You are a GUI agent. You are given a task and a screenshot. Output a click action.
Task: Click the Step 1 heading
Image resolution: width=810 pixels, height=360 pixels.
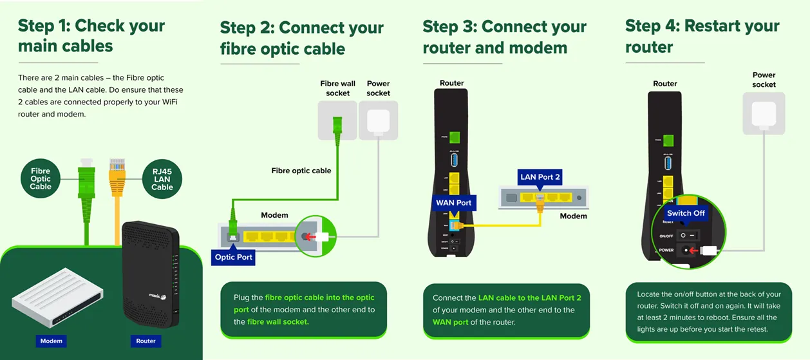[91, 36]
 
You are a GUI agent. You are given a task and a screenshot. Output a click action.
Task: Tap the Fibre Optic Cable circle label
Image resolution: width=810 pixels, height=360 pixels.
[41, 178]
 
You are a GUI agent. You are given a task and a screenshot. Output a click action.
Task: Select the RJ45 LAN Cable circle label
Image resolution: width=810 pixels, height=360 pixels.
[162, 178]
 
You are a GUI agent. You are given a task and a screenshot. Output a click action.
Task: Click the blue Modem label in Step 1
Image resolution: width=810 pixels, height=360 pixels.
[52, 341]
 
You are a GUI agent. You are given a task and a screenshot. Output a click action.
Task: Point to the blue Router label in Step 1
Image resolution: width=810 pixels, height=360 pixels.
[146, 341]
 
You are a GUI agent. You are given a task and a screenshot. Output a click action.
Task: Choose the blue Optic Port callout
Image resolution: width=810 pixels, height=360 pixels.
[234, 257]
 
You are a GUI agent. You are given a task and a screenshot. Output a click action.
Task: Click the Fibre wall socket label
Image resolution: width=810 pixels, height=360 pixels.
[337, 88]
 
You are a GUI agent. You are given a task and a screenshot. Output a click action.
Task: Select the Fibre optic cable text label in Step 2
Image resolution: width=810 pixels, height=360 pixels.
[301, 171]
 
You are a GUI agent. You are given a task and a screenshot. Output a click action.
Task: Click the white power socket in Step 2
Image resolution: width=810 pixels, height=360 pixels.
[378, 120]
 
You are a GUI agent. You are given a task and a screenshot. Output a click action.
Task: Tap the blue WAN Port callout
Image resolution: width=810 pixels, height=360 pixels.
[454, 203]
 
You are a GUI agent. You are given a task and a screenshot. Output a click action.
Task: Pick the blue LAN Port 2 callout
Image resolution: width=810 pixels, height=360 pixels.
[541, 177]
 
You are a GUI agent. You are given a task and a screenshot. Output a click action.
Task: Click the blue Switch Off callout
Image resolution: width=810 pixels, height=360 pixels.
[686, 213]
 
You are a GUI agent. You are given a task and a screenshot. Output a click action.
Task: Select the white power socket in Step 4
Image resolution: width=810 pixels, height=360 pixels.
[764, 113]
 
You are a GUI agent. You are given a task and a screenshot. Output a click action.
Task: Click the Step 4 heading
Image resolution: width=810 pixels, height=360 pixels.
[702, 36]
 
